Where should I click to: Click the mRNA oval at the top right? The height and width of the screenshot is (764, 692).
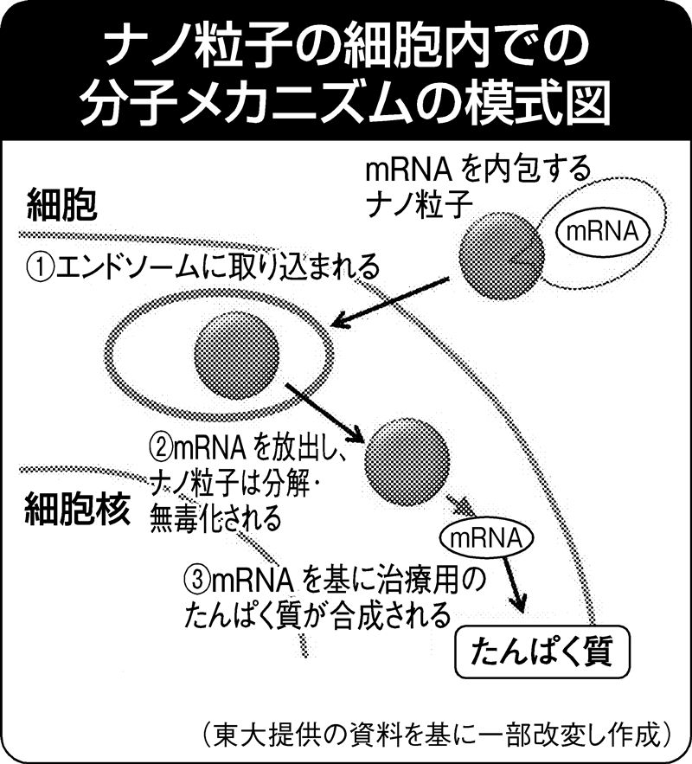click(x=602, y=231)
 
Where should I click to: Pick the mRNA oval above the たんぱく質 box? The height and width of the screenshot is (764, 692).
click(x=484, y=538)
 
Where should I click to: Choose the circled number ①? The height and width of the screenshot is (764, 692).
click(x=40, y=266)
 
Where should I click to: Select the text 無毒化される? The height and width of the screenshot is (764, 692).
click(x=215, y=519)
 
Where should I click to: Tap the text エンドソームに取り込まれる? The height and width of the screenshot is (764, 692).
click(x=216, y=266)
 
